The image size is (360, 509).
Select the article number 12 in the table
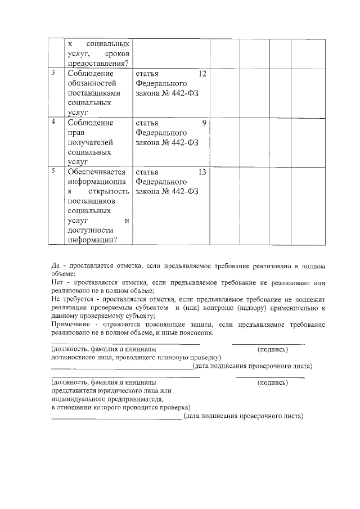click(x=203, y=74)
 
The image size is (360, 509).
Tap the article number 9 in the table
click(x=205, y=123)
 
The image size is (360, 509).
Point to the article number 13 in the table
click(x=203, y=172)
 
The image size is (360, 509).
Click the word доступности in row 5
click(x=89, y=230)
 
